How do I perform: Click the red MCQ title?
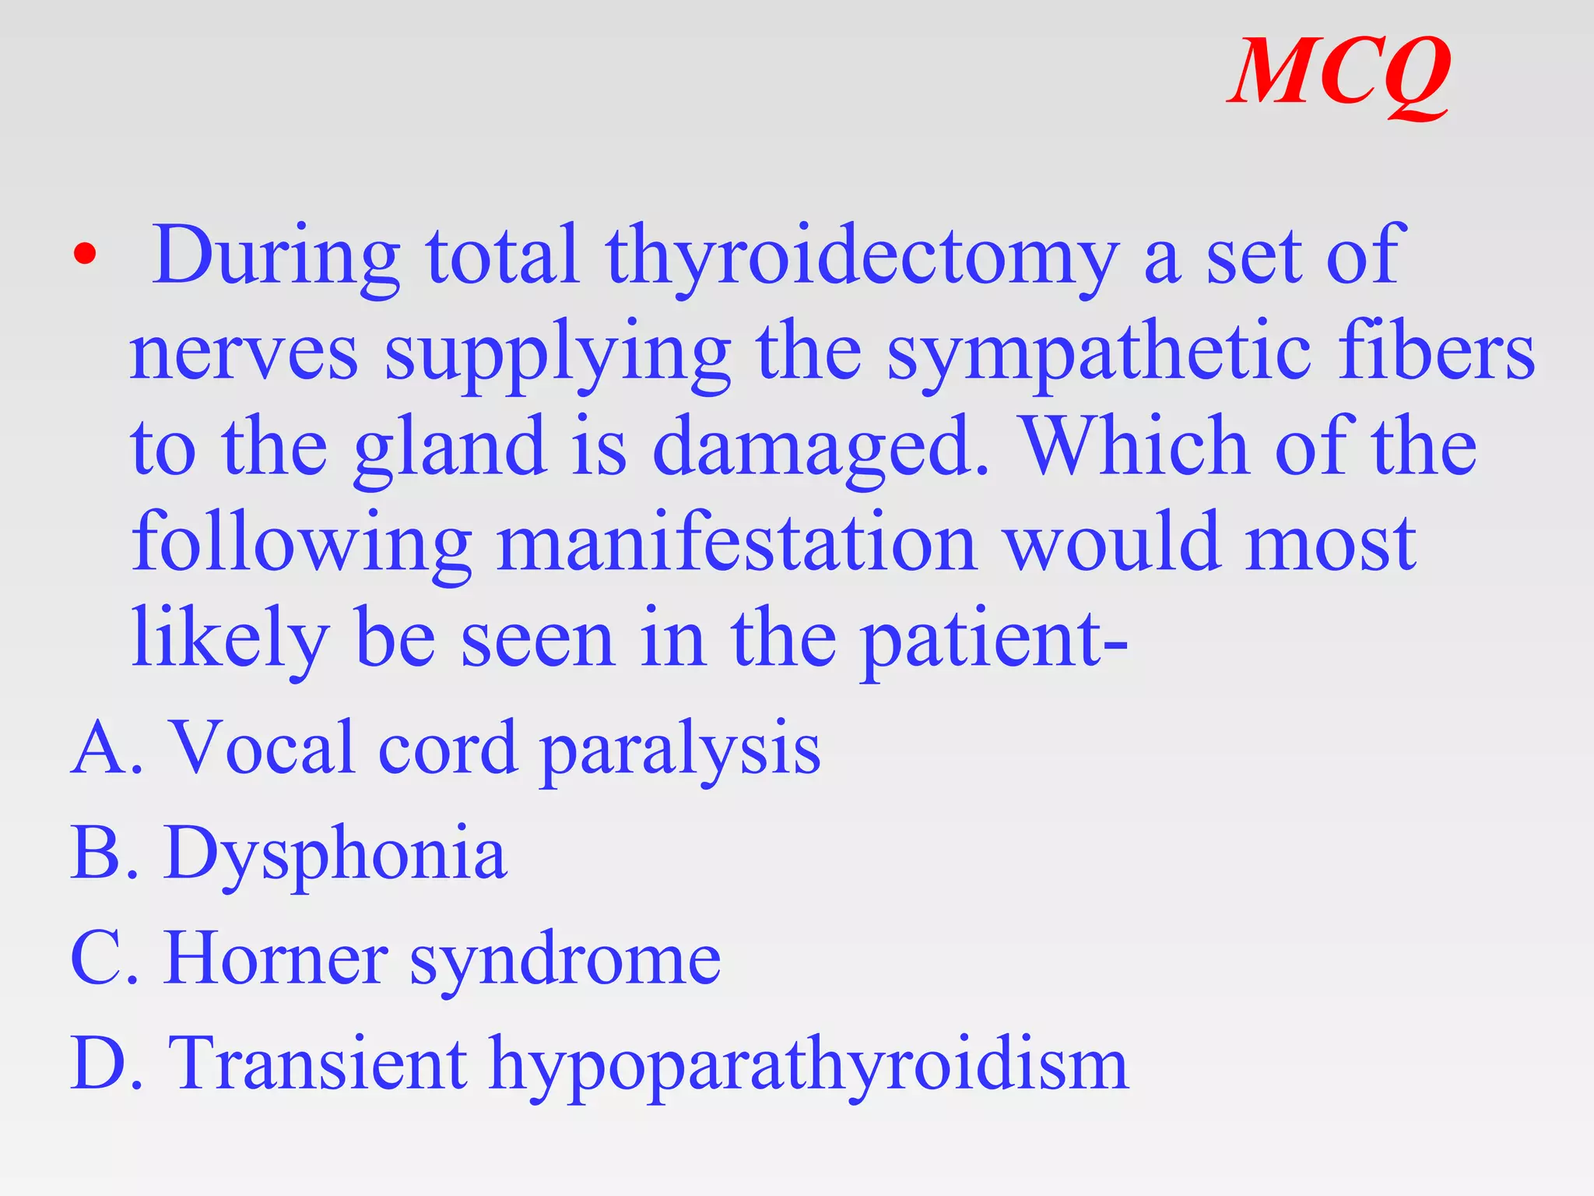1339,74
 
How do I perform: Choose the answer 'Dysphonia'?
335,855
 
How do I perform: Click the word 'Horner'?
276,959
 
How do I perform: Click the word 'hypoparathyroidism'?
809,1066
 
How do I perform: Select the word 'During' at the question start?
276,257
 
